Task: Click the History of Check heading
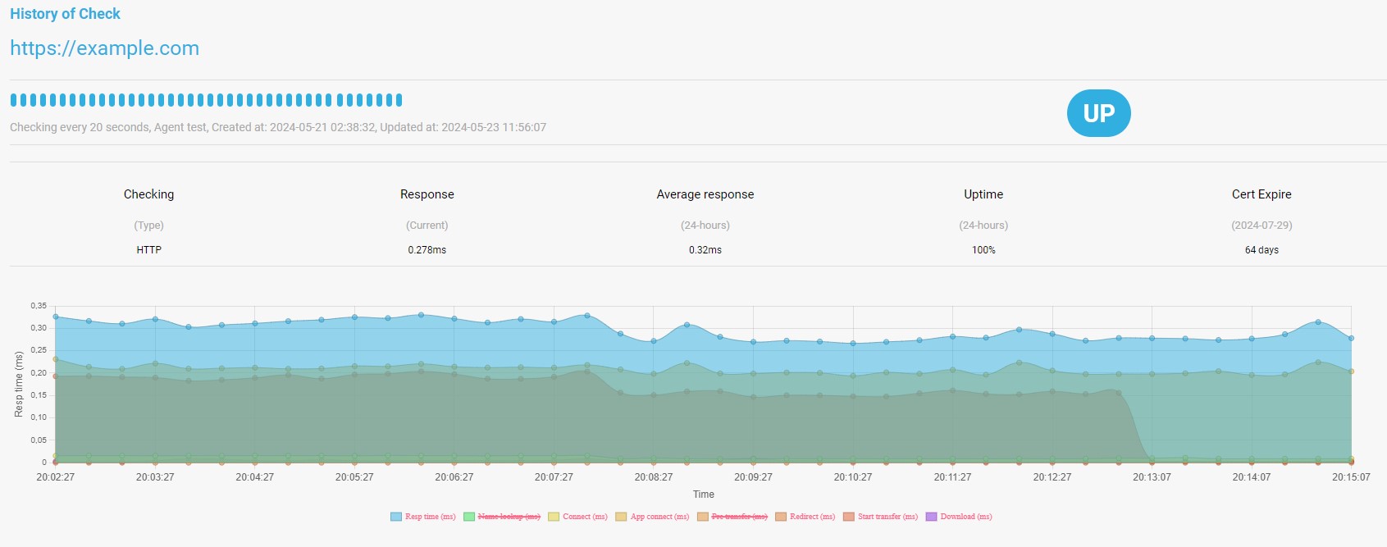(x=65, y=14)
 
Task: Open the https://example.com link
(x=105, y=48)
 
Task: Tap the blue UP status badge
(x=1098, y=112)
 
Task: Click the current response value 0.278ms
(x=427, y=250)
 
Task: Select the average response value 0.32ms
(x=705, y=250)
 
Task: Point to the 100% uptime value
(x=983, y=250)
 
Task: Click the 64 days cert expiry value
(x=1262, y=250)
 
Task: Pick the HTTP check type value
(x=148, y=250)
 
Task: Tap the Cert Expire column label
(x=1262, y=194)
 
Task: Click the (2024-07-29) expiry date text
(x=1262, y=226)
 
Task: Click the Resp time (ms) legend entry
(x=423, y=517)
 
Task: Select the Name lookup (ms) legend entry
(x=502, y=517)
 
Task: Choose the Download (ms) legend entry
(x=959, y=517)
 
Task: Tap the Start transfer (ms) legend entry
(x=880, y=517)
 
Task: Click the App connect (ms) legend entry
(x=652, y=517)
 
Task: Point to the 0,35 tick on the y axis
(x=39, y=306)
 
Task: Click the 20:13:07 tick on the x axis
(x=1152, y=477)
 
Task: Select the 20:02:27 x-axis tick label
(x=56, y=477)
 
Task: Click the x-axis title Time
(x=704, y=495)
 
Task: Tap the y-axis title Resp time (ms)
(x=19, y=385)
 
